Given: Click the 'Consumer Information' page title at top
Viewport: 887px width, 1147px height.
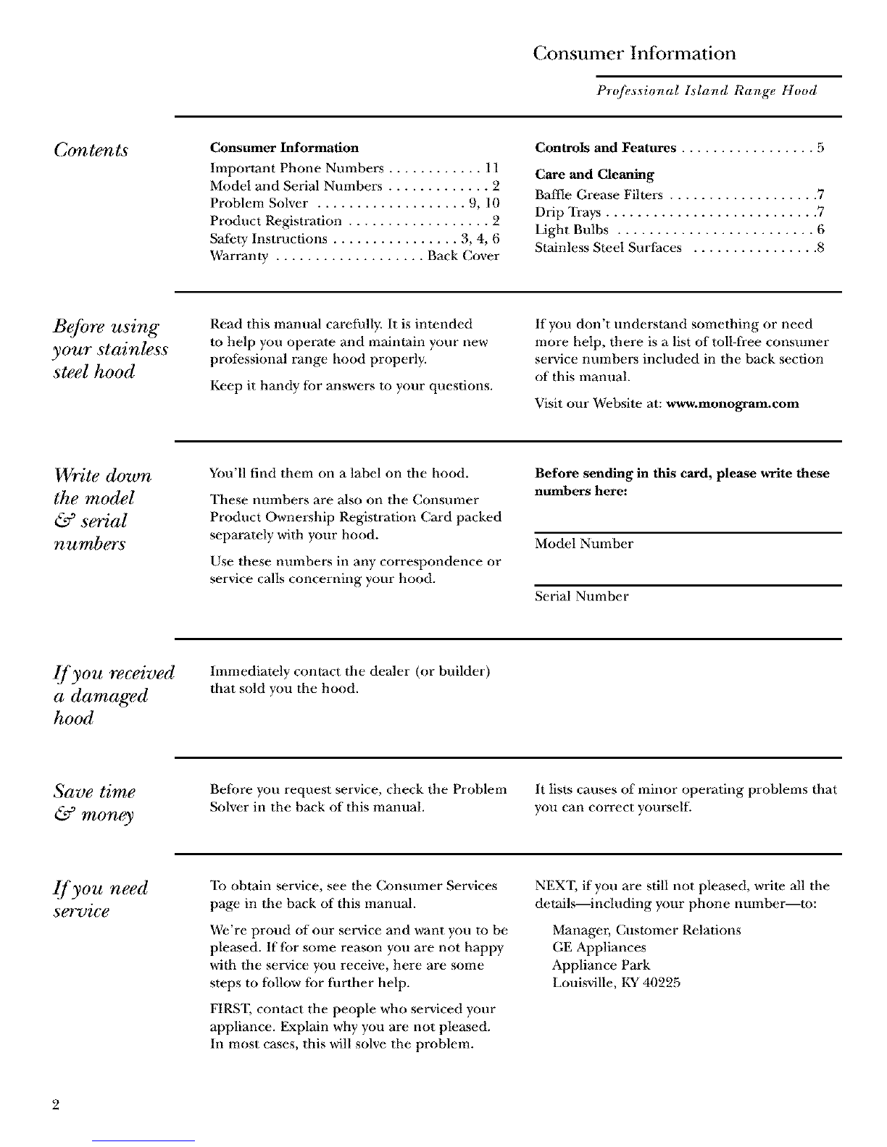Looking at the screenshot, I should [x=634, y=54].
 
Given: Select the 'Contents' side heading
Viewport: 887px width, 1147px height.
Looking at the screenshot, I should [x=91, y=150].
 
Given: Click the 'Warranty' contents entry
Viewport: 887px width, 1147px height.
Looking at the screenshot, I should [x=239, y=256].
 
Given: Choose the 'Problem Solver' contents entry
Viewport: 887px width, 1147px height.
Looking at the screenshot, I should [x=259, y=203].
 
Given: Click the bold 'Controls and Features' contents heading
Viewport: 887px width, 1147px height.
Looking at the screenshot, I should [x=605, y=148].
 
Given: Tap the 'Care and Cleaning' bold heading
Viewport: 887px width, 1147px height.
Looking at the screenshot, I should [x=594, y=175].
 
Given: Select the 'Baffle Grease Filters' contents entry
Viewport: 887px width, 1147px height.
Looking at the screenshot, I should [x=599, y=195].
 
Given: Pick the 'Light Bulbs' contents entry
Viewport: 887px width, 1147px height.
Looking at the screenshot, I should [x=571, y=230].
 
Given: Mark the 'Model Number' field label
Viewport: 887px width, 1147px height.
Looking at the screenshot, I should [x=583, y=544].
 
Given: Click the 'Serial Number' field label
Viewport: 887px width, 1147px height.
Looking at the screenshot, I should [x=581, y=597].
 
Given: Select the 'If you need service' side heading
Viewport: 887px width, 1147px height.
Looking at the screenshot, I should [x=101, y=899].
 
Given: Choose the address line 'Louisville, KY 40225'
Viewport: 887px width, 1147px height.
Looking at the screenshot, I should [x=616, y=983].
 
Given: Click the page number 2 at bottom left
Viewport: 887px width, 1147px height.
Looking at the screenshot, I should [x=56, y=1105].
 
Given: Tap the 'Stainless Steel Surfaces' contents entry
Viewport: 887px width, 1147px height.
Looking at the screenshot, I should [x=608, y=248].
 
